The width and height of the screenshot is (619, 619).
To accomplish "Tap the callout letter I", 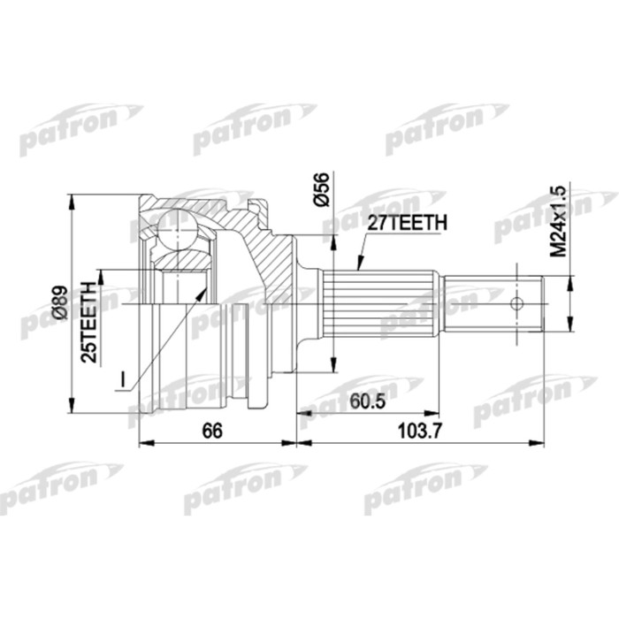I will (123, 381).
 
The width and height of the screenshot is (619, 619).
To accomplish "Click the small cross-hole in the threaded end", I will (517, 303).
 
